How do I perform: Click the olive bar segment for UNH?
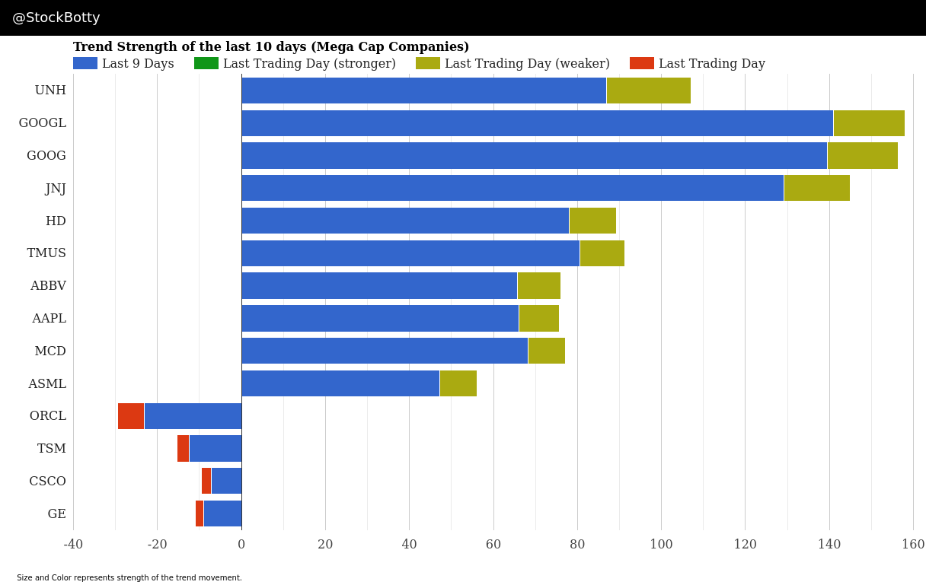pyautogui.click(x=648, y=91)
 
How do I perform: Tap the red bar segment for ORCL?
pyautogui.click(x=131, y=416)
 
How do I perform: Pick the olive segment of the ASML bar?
pyautogui.click(x=458, y=383)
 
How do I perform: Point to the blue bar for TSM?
pyautogui.click(x=215, y=449)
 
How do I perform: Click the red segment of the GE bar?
pyautogui.click(x=200, y=513)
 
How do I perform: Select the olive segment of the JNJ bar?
pyautogui.click(x=816, y=188)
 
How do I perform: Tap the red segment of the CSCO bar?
pyautogui.click(x=206, y=481)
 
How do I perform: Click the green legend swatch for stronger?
pyautogui.click(x=206, y=64)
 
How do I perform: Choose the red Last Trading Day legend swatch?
pyautogui.click(x=642, y=64)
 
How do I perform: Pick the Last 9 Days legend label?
pyautogui.click(x=138, y=64)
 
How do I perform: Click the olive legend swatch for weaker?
pyautogui.click(x=428, y=64)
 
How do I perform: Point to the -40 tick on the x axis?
pyautogui.click(x=73, y=545)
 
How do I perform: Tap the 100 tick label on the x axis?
pyautogui.click(x=661, y=545)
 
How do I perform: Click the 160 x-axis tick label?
pyautogui.click(x=913, y=545)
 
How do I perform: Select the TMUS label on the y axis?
pyautogui.click(x=46, y=253)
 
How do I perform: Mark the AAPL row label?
pyautogui.click(x=49, y=319)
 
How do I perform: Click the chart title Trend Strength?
pyautogui.click(x=271, y=47)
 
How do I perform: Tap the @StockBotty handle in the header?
pyautogui.click(x=56, y=18)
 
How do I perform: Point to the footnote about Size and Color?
pyautogui.click(x=129, y=578)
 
